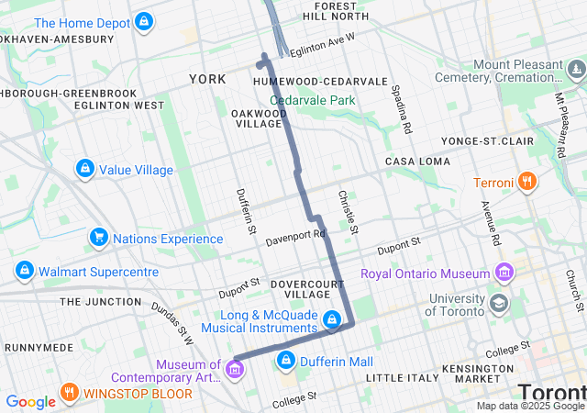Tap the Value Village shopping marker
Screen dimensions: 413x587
pos(85,169)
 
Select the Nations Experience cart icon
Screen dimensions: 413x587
pos(98,239)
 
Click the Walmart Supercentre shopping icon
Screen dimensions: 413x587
pos(25,272)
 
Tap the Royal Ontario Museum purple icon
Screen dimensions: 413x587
pos(504,273)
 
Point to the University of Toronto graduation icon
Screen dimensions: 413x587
pos(499,304)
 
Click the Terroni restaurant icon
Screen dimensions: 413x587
pos(527,182)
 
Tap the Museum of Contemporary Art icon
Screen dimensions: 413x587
pos(235,370)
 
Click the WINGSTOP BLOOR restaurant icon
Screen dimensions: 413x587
pos(70,394)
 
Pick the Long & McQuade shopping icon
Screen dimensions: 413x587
pos(332,320)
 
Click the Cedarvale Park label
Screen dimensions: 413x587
pos(312,100)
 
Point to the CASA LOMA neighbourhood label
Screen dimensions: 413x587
pos(417,162)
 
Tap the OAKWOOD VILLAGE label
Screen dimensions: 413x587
pos(257,117)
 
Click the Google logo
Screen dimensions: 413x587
pos(30,401)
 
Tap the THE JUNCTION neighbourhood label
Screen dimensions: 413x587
pos(98,301)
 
